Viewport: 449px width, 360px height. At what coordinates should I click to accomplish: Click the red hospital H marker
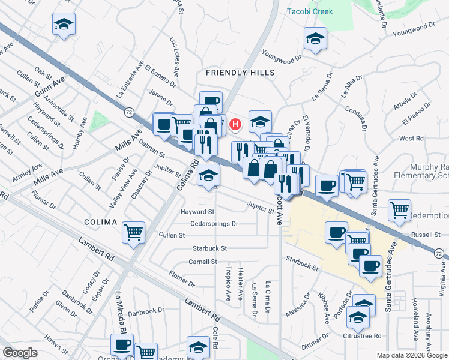pos(235,125)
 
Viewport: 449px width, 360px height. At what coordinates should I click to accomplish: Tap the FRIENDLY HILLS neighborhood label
pos(240,73)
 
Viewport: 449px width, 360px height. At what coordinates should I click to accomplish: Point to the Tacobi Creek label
pos(310,11)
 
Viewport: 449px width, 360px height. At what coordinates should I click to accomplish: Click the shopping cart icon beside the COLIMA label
pos(133,232)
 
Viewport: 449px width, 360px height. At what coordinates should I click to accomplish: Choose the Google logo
pos(20,353)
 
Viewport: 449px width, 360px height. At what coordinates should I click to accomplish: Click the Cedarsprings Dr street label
pos(214,224)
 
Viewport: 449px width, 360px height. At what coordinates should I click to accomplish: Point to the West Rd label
pos(411,138)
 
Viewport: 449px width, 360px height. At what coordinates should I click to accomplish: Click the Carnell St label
pos(202,262)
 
